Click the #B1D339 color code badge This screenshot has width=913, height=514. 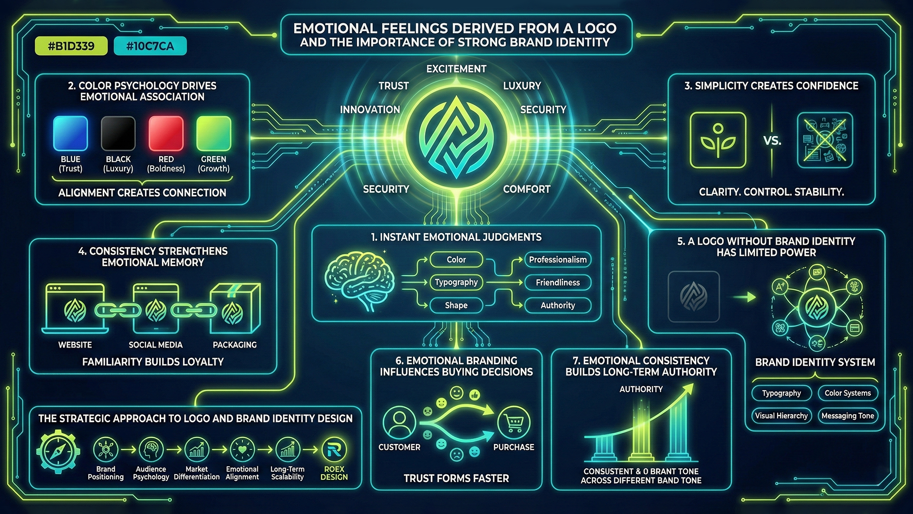[x=71, y=46]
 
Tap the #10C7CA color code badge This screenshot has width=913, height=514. [x=150, y=46]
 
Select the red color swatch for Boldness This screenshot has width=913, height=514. [x=166, y=133]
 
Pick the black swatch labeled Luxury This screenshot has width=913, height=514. [x=118, y=133]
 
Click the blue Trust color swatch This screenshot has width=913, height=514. [x=70, y=133]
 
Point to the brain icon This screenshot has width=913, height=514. [x=359, y=281]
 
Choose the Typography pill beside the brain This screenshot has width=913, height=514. [x=456, y=282]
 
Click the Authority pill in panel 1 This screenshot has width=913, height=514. [x=558, y=305]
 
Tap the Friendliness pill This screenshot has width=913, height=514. [x=558, y=282]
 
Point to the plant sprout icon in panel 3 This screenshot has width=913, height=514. [x=718, y=140]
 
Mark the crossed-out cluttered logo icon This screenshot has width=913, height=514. [x=825, y=140]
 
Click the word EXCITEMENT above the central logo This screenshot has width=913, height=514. [x=456, y=69]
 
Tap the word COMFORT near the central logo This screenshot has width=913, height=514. [x=527, y=189]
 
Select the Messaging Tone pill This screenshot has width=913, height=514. [x=847, y=415]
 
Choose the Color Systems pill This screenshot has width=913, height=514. [x=847, y=393]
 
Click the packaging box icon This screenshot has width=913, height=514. [x=235, y=308]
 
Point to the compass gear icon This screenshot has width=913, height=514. [x=58, y=451]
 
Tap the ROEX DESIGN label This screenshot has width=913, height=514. [x=334, y=473]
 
